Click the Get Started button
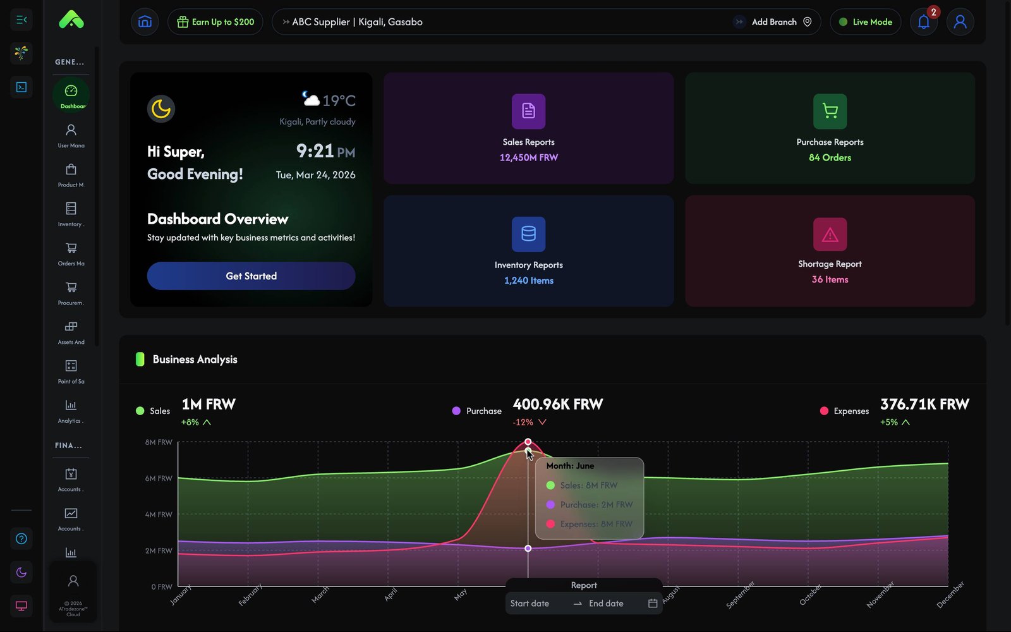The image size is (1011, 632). pos(251,276)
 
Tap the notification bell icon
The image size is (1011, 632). pos(923,22)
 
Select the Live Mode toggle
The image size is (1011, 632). pos(865,22)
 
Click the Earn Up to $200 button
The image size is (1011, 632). pos(215,22)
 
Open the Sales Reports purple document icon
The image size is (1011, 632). pos(528,111)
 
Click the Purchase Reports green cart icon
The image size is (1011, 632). pos(830,111)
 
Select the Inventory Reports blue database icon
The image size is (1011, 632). pos(528,234)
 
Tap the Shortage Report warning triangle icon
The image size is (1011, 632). pos(830,234)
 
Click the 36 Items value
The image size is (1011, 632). pos(830,279)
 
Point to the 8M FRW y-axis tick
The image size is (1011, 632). pos(159,442)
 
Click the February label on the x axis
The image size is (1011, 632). pos(250,595)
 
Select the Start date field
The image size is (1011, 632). pos(531,604)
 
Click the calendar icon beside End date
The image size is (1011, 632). pos(653,604)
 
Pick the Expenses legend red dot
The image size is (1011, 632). pos(824,411)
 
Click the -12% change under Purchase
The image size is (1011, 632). pos(523,422)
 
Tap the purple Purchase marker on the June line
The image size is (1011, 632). pos(528,549)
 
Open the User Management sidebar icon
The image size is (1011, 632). pos(71,130)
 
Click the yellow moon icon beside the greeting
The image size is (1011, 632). pos(161,109)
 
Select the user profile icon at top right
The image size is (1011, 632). pos(960,22)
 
